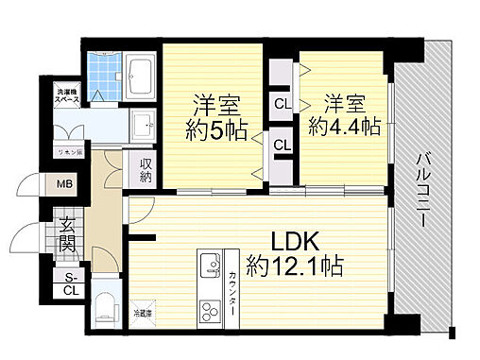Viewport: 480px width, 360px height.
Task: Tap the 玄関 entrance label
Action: pyautogui.click(x=68, y=235)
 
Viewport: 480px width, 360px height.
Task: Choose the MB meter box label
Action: pyautogui.click(x=65, y=184)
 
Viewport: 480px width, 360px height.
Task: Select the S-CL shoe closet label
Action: pyautogui.click(x=70, y=283)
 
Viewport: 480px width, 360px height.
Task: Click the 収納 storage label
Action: pyautogui.click(x=146, y=171)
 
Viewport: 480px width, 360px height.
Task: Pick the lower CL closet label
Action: pyautogui.click(x=282, y=146)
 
